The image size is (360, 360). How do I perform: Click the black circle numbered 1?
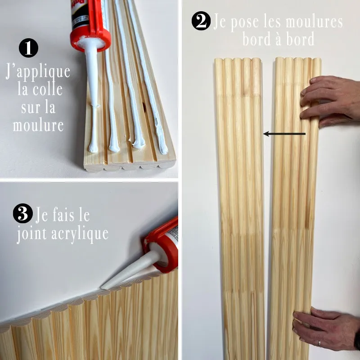click(x=28, y=48)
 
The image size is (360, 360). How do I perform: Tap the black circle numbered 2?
click(x=201, y=21)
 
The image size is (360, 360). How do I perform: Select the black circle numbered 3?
click(x=23, y=213)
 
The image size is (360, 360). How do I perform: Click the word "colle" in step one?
click(x=48, y=89)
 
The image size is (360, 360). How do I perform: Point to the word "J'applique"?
click(x=38, y=72)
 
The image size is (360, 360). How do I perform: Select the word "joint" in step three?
click(x=31, y=234)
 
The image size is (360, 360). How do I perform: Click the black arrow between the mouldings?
click(x=284, y=134)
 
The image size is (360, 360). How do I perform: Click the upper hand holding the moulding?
click(x=329, y=101)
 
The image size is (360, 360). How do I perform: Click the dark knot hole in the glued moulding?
click(x=144, y=106)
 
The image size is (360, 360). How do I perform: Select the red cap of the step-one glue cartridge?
click(x=91, y=37)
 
